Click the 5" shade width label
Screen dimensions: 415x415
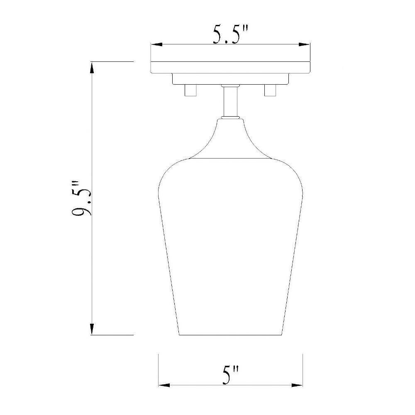[230, 375]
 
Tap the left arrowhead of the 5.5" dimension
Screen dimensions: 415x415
[156, 44]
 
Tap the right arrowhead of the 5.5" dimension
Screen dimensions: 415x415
[304, 44]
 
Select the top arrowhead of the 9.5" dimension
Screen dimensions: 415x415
[92, 67]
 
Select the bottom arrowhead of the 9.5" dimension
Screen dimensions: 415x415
[92, 329]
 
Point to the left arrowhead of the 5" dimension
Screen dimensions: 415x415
[164, 385]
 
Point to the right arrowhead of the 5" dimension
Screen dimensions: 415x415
[297, 385]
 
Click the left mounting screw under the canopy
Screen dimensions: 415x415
[190, 90]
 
